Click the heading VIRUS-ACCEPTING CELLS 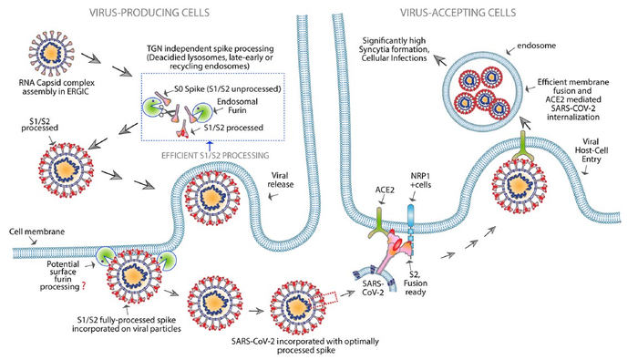[x=461, y=10]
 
